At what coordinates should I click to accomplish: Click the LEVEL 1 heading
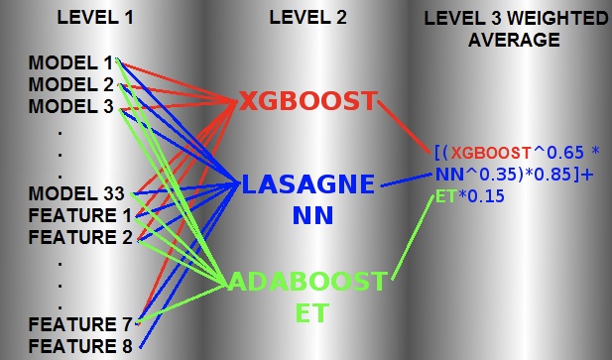point(93,19)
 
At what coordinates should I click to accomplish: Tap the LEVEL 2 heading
point(308,19)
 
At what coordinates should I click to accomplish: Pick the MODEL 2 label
point(71,85)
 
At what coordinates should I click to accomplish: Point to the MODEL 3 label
point(71,106)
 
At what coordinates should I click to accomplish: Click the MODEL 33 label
point(75,192)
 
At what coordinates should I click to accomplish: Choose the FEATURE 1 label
point(79,214)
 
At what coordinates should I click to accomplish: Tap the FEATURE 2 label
point(79,236)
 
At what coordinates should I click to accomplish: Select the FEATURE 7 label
point(79,324)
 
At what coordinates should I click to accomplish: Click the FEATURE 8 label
point(79,346)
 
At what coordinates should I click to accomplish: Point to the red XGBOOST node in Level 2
point(307,101)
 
